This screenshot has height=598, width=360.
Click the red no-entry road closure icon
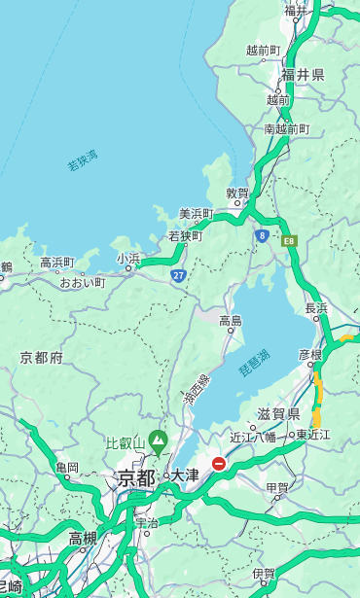tap(220, 464)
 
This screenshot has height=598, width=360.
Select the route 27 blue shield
tap(179, 276)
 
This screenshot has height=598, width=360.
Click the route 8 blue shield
tap(263, 235)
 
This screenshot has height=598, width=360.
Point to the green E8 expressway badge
tap(289, 240)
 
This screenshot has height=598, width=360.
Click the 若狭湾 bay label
tap(83, 161)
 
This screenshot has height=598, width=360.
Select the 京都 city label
tap(136, 477)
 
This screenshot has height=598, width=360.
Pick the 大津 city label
tap(185, 476)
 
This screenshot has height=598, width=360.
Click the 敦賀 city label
tap(237, 193)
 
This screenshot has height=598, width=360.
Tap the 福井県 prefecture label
tap(303, 75)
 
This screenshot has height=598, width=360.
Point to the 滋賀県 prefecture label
tap(279, 414)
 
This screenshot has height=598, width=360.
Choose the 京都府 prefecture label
tap(42, 358)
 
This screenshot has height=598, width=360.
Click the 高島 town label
tap(231, 320)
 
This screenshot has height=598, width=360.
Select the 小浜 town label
tap(128, 259)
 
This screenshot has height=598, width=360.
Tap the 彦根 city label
tap(310, 355)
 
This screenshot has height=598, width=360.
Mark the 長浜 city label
tap(316, 308)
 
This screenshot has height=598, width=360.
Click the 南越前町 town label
tap(286, 128)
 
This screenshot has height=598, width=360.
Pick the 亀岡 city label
tap(67, 468)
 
